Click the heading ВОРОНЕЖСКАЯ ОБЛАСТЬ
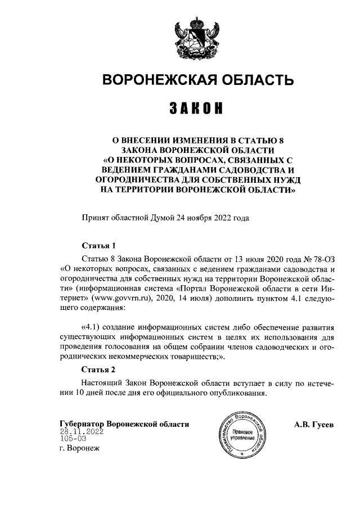pos(197,80)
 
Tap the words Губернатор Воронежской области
pos(124,424)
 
